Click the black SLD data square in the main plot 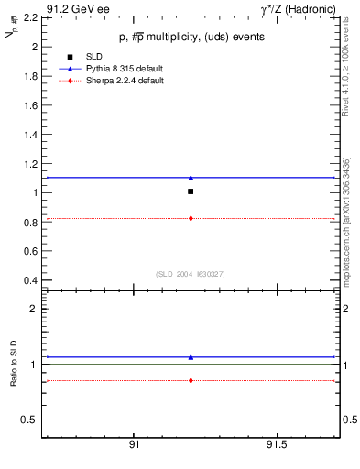pos(190,191)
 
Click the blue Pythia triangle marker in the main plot pos(190,177)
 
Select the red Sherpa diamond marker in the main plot pos(190,218)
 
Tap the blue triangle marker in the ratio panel pos(190,357)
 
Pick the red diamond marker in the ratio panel pos(190,380)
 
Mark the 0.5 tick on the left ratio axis pos(29,420)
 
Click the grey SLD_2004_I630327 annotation pos(190,274)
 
